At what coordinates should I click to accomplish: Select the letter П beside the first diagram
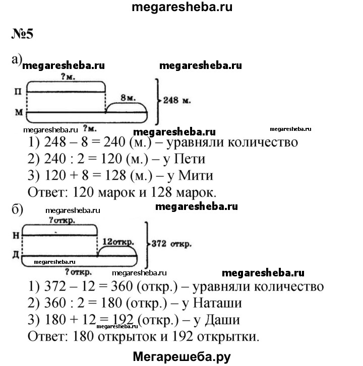click(x=18, y=92)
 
